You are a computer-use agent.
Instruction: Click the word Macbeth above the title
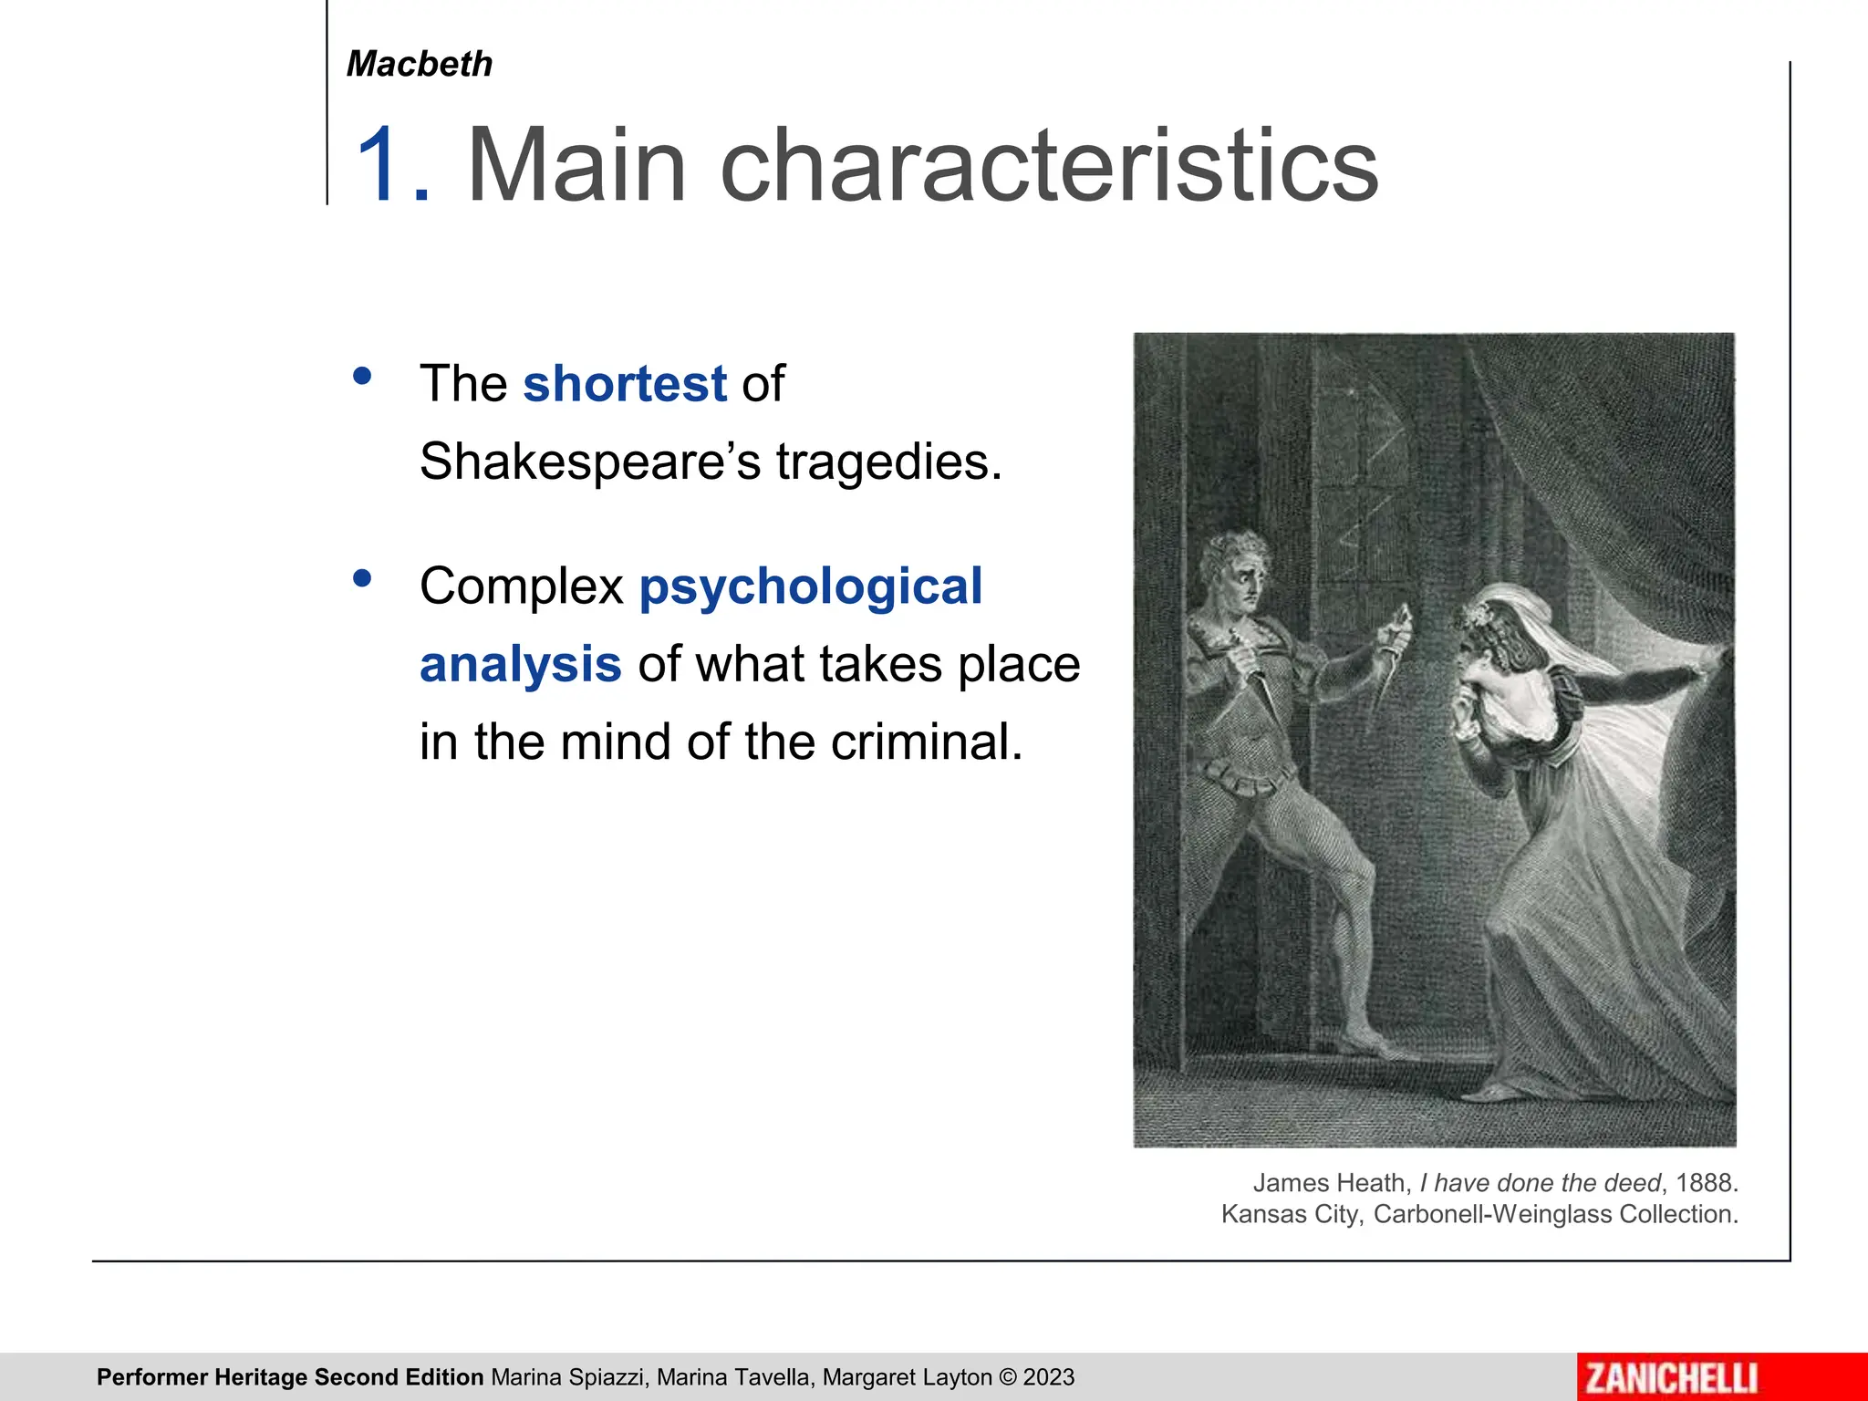[x=420, y=64]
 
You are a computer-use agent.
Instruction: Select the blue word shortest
[x=625, y=383]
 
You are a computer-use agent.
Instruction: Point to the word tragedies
[x=889, y=462]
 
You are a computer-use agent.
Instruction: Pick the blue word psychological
[x=811, y=586]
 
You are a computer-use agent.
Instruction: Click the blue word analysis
[x=521, y=664]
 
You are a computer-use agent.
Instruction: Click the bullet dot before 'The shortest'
[x=362, y=376]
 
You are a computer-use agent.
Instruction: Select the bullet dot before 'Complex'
[x=362, y=578]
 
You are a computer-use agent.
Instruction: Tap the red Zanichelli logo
[x=1672, y=1377]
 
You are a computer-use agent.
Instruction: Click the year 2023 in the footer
[x=1049, y=1377]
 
